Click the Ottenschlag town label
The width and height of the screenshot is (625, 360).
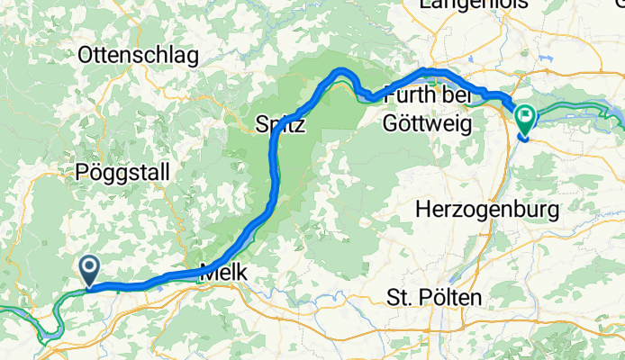tap(138, 55)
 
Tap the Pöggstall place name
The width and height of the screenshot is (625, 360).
tap(122, 171)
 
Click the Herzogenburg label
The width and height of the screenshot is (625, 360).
tap(488, 210)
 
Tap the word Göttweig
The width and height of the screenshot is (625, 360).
tap(428, 123)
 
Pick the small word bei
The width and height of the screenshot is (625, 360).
tap(455, 94)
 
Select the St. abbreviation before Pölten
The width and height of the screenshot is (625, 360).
tap(398, 297)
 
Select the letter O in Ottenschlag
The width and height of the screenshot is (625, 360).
tap(86, 55)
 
